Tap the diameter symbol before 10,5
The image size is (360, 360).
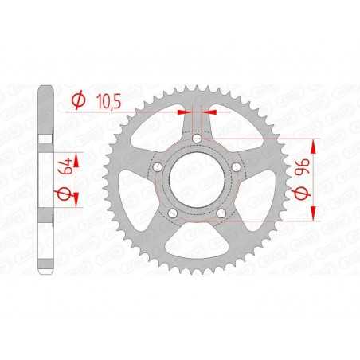[79, 101]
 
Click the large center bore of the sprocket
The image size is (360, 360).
[197, 181]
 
